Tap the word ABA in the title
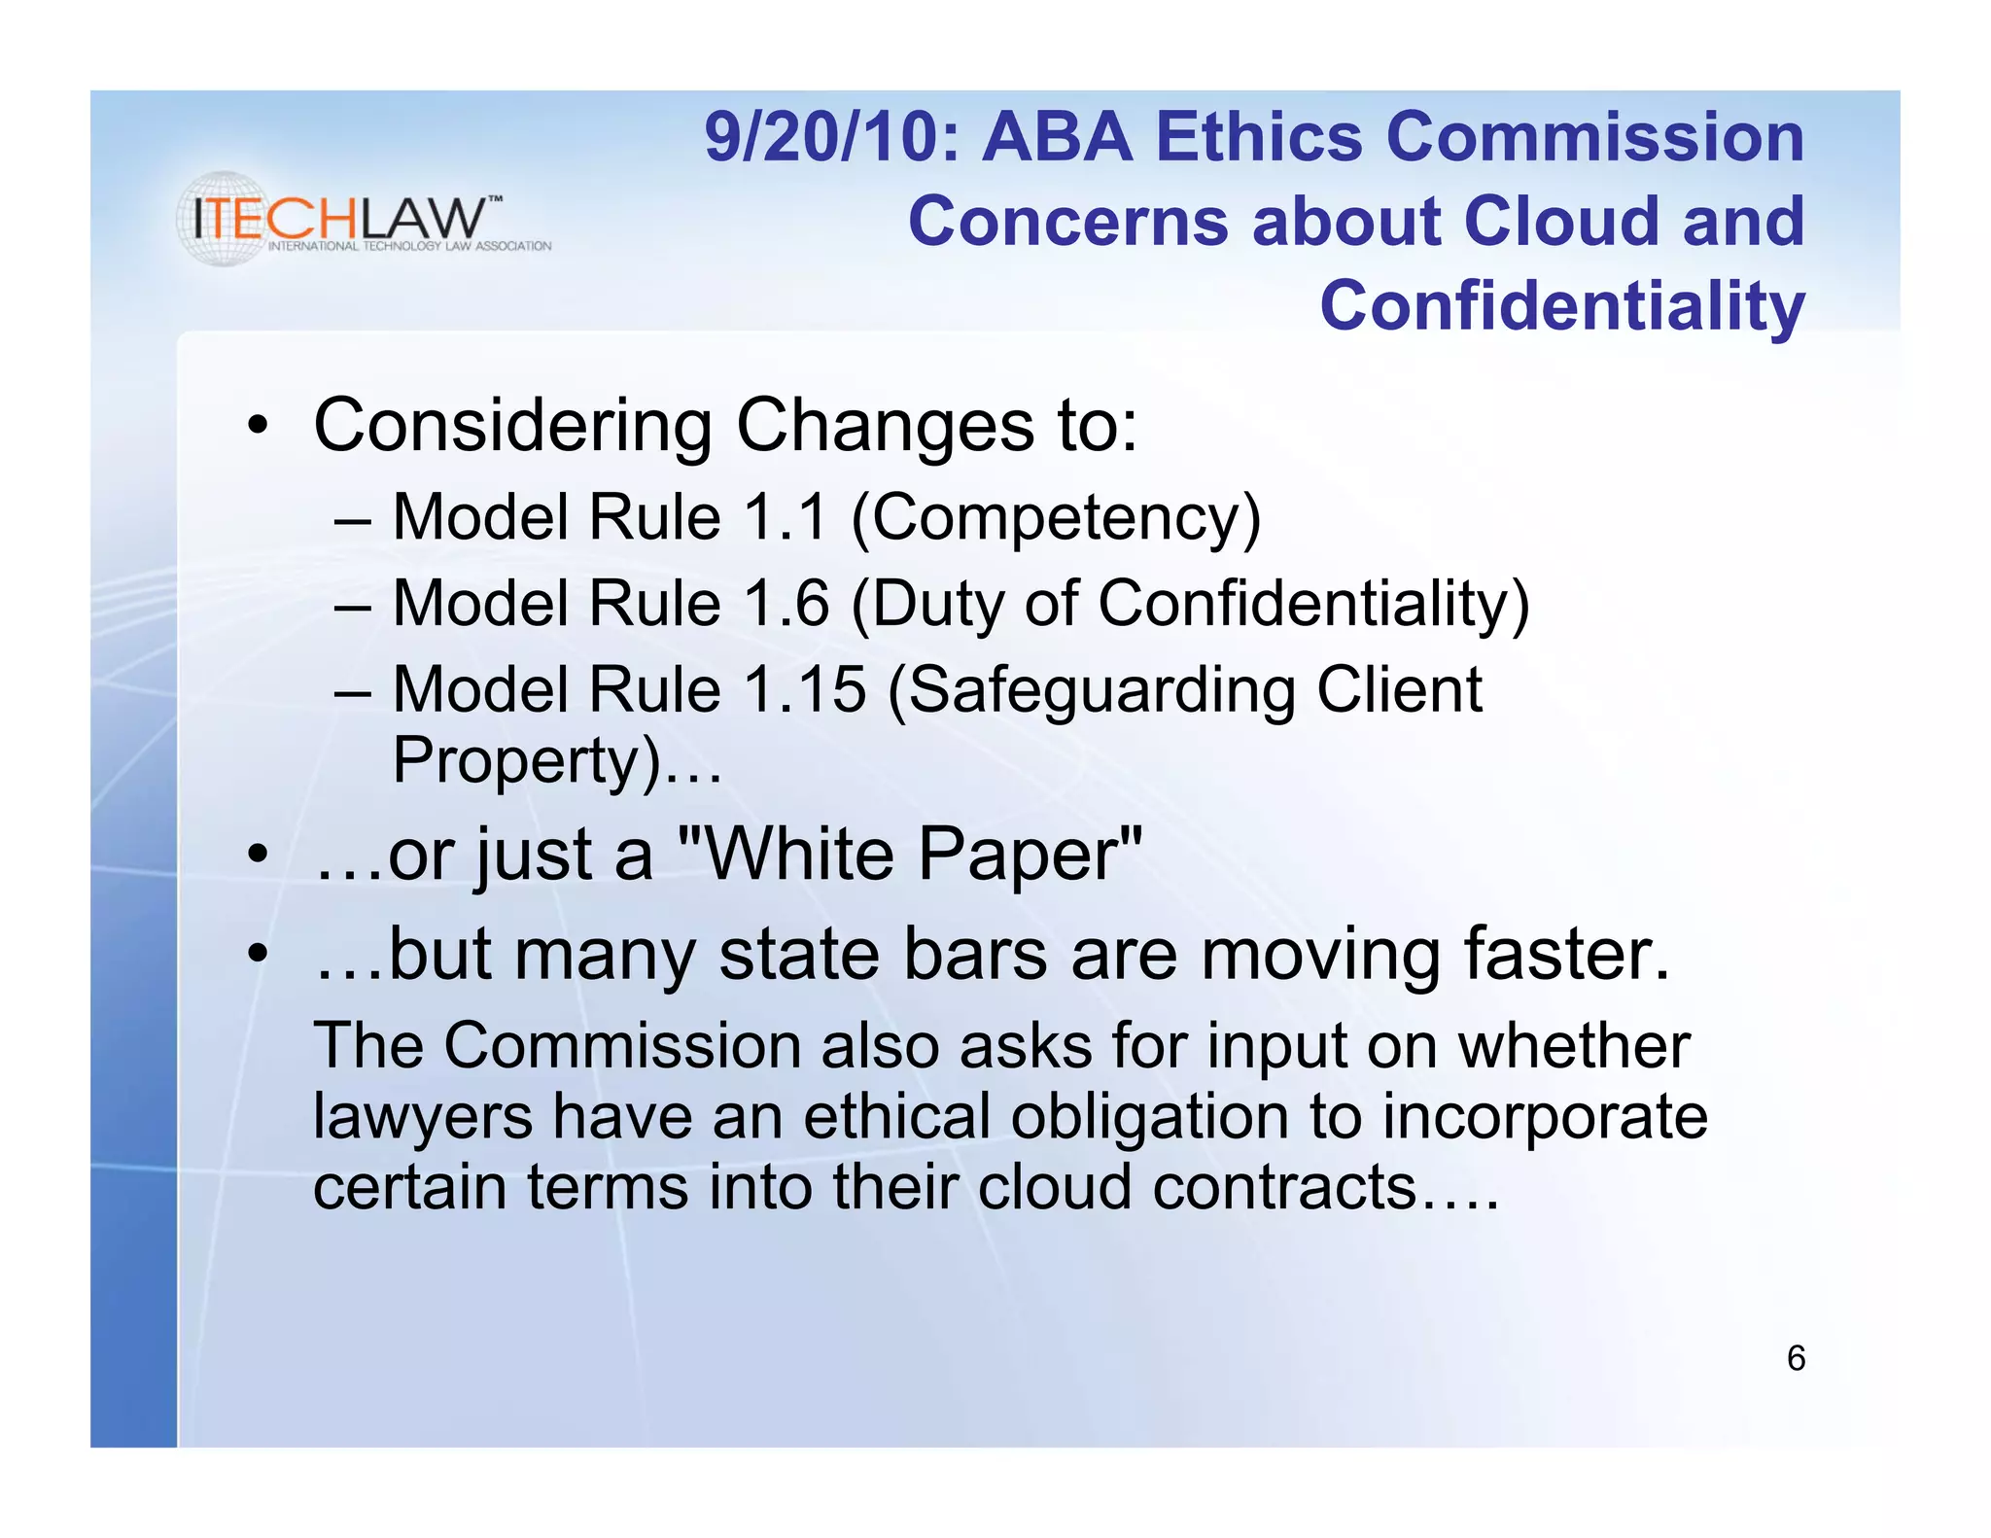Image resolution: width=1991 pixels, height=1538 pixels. click(1057, 137)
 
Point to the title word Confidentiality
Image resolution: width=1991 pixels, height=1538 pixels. click(1561, 306)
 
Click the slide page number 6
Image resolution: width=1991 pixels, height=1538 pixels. click(1796, 1358)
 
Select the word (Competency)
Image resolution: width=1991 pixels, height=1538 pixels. click(1056, 518)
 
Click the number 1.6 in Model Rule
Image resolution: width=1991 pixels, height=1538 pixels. click(786, 603)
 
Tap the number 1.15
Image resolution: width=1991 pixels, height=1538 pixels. click(804, 689)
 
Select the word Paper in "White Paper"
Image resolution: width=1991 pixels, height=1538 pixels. click(1029, 856)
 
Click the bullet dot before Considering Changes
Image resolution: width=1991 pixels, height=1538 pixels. click(257, 426)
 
